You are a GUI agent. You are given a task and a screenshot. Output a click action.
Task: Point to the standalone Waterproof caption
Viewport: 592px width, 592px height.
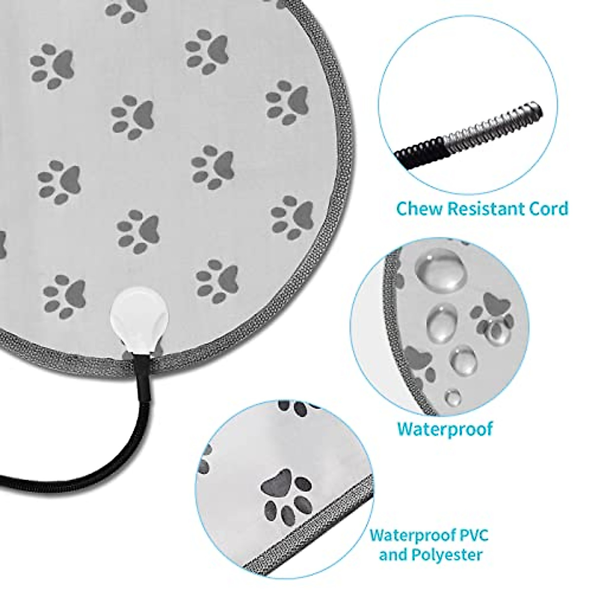[x=445, y=428]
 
